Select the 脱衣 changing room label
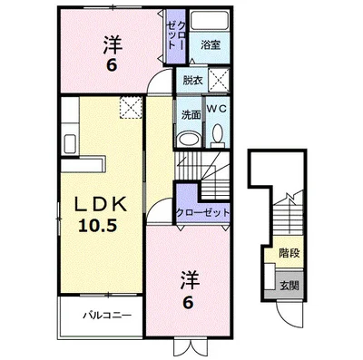tap(191, 79)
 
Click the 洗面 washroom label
tap(190, 115)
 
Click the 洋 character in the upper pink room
tap(111, 42)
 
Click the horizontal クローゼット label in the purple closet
tap(204, 211)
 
